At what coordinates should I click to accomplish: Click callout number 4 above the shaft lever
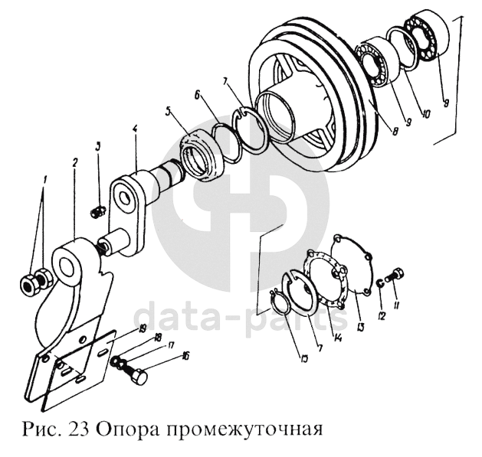(x=135, y=129)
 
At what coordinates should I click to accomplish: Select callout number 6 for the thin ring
(x=197, y=94)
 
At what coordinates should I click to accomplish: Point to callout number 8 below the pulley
(x=395, y=131)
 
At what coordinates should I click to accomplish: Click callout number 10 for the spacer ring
(x=425, y=114)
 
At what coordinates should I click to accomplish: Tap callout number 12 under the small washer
(x=382, y=315)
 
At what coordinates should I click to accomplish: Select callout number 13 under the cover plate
(x=361, y=327)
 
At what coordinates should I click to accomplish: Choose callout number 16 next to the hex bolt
(x=185, y=356)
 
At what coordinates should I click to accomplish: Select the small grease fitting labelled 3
(x=98, y=212)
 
